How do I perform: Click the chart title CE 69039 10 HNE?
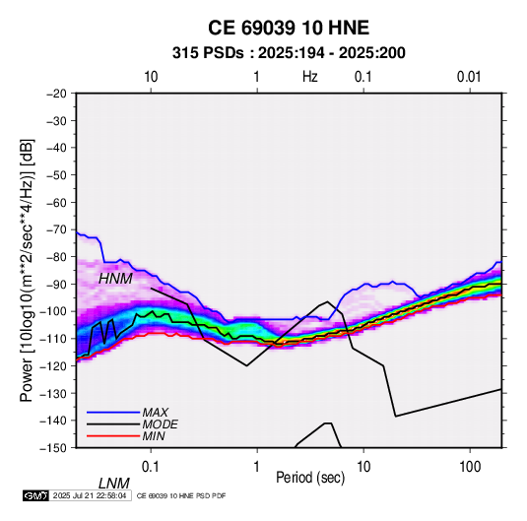[x=289, y=28]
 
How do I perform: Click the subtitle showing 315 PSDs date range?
[x=289, y=53]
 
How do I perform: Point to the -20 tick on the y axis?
[x=56, y=94]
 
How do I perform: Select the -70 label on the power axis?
[x=56, y=229]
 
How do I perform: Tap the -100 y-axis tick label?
[x=53, y=311]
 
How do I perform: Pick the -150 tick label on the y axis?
[x=53, y=448]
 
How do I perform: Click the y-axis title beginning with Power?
[x=27, y=271]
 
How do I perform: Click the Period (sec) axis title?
[x=310, y=478]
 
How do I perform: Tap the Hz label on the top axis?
[x=310, y=77]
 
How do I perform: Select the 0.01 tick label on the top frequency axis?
[x=469, y=77]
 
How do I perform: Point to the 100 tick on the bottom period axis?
[x=470, y=467]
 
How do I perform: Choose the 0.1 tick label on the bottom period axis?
[x=151, y=467]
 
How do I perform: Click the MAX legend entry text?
[x=156, y=412]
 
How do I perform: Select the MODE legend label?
[x=160, y=424]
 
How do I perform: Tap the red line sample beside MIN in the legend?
[x=113, y=436]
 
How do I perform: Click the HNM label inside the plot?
[x=115, y=279]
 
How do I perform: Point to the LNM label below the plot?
[x=114, y=484]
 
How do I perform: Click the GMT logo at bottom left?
[x=35, y=495]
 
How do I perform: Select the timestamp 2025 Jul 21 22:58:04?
[x=90, y=495]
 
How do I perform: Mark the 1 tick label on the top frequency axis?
[x=256, y=77]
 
